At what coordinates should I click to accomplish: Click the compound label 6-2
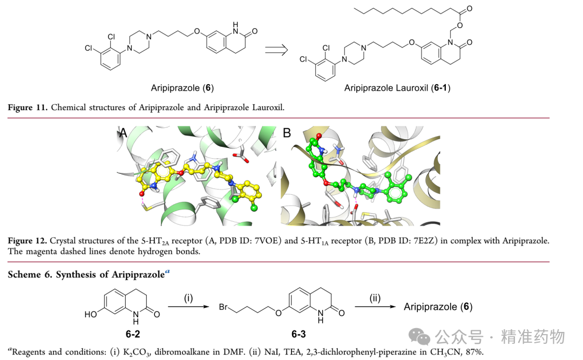tap(133, 334)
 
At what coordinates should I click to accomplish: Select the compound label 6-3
tap(299, 334)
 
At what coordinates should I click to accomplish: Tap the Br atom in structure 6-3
tap(223, 307)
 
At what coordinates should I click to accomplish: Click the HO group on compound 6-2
tap(91, 314)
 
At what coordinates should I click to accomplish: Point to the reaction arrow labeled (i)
tap(188, 307)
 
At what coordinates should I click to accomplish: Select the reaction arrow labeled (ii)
tap(375, 307)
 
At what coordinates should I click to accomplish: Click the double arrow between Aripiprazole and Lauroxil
tap(276, 50)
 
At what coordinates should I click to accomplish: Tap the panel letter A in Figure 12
tap(123, 132)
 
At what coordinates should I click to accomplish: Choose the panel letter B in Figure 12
tap(287, 133)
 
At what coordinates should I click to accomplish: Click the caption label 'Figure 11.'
tap(28, 107)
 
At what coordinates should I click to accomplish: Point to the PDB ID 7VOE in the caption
tap(266, 241)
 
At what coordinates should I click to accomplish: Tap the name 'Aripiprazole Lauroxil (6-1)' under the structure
tap(397, 88)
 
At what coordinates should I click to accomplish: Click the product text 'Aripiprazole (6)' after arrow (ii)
tap(438, 307)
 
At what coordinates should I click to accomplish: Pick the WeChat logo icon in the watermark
tap(419, 337)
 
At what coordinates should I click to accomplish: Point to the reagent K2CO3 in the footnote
tap(137, 352)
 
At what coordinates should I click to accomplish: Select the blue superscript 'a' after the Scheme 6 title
tap(167, 271)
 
